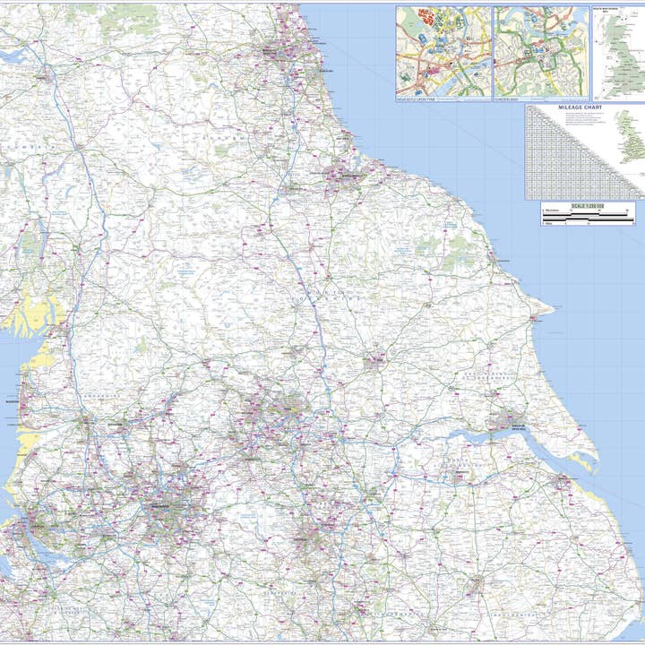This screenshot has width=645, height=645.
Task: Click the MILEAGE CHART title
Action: point(580,107)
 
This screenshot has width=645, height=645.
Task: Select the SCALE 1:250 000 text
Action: point(587,207)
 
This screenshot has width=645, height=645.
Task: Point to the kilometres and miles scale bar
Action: point(587,218)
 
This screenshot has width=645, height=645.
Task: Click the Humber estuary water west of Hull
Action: point(466,439)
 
